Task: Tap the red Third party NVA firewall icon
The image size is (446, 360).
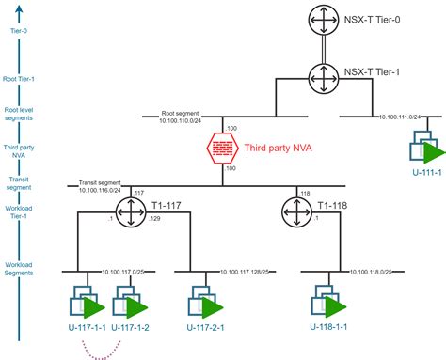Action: (223, 147)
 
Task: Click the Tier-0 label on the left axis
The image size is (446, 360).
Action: (20, 30)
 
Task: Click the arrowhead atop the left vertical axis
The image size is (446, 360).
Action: (20, 9)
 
